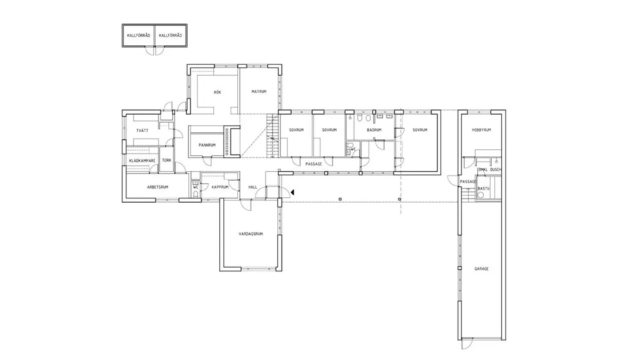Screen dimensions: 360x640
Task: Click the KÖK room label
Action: coord(217,92)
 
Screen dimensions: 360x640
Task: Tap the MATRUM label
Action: coord(259,92)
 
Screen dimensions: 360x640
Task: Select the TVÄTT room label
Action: coord(141,130)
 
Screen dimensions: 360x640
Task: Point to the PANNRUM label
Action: coord(206,145)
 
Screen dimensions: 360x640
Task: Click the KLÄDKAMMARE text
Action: coord(142,160)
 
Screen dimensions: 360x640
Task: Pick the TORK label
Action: coord(166,160)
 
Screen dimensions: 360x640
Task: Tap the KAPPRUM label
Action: coord(220,187)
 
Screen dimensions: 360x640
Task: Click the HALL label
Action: coord(253,187)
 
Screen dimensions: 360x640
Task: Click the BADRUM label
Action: coord(374,130)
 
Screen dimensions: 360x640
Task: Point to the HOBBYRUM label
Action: coord(481,130)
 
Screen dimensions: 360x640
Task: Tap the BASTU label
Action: coord(484,188)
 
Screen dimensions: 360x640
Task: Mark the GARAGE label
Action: coord(481,269)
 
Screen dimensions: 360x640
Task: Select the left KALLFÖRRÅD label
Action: coord(138,36)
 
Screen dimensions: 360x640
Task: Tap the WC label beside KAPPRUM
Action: coord(196,187)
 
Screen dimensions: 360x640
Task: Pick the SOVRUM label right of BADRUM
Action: coord(420,130)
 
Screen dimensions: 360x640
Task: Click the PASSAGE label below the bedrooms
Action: coord(314,164)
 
